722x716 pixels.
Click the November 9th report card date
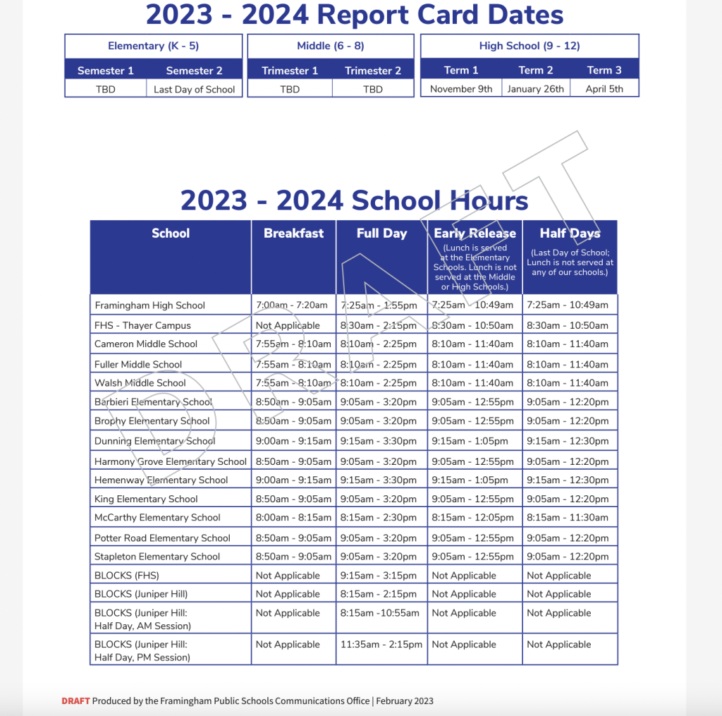tap(461, 89)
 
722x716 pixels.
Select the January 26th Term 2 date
tap(536, 89)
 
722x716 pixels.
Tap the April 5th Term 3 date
tap(605, 89)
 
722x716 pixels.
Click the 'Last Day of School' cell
tap(195, 90)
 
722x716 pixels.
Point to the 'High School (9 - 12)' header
tap(530, 46)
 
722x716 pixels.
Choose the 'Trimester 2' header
tap(373, 71)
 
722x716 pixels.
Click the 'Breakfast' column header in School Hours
tap(293, 233)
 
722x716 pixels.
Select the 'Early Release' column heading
tap(475, 233)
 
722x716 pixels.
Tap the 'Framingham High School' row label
tap(149, 305)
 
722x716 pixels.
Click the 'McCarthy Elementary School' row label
tap(157, 518)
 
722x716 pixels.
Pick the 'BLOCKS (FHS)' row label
tap(127, 576)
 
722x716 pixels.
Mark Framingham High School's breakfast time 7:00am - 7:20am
tap(292, 305)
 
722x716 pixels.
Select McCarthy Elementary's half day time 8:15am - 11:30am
tap(568, 518)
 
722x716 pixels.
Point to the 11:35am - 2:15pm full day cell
tap(381, 644)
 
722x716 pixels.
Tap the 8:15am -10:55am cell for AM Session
tap(379, 613)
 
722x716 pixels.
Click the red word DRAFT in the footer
tap(75, 701)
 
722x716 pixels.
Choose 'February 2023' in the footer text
tap(405, 701)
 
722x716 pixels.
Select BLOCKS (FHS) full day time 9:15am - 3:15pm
tap(378, 576)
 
